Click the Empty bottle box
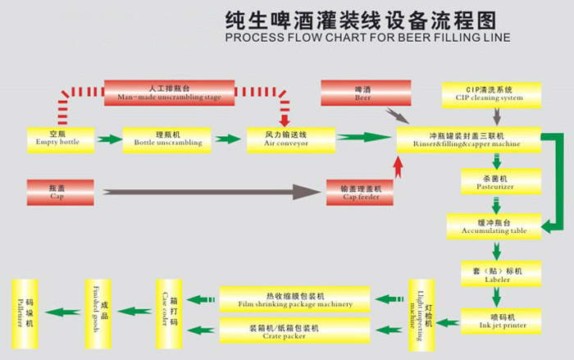[x=58, y=138]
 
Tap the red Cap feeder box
[x=360, y=192]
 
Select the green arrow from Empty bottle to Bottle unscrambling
[x=108, y=139]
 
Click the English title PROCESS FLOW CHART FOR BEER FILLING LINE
[x=367, y=38]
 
